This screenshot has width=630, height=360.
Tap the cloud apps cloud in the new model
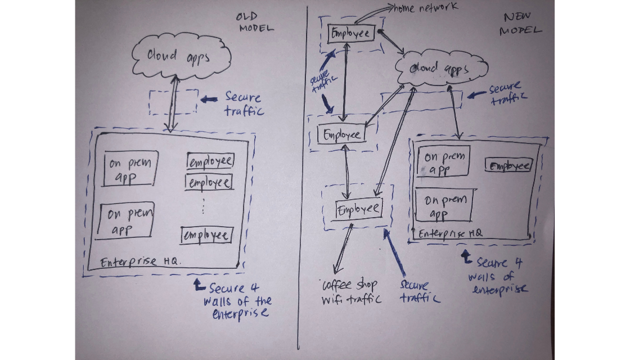coord(440,69)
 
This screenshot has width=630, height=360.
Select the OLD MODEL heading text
coord(254,22)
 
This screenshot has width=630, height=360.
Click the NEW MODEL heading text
coord(520,24)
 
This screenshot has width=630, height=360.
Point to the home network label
coord(425,7)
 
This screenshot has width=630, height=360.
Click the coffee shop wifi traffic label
coord(351,291)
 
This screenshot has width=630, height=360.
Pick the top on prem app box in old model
coord(130,169)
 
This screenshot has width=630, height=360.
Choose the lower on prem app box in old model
coord(125,220)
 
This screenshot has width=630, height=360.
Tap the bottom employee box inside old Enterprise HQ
coord(206,235)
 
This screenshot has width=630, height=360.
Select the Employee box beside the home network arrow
coord(349,33)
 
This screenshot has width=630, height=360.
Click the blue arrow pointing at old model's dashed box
coord(210,99)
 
